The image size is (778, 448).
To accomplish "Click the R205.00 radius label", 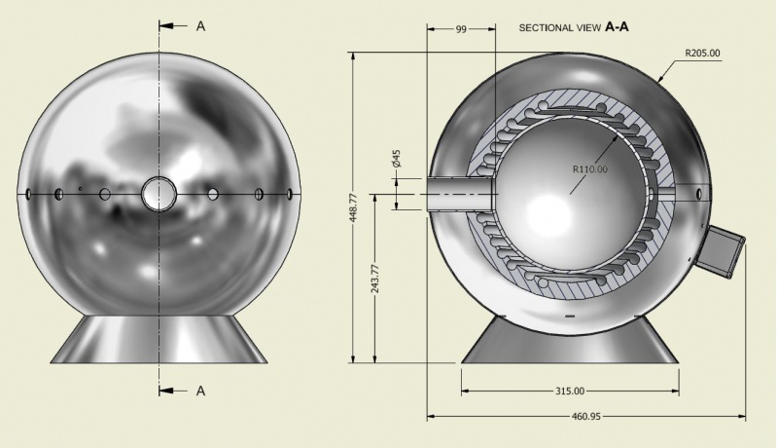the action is pyautogui.click(x=702, y=53).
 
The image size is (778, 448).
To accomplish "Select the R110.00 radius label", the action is pyautogui.click(x=590, y=169).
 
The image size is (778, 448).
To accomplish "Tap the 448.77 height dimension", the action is pyautogui.click(x=353, y=207).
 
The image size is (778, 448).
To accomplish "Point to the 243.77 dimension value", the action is pyautogui.click(x=375, y=279).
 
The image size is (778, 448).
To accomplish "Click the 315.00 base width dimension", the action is pyautogui.click(x=570, y=392).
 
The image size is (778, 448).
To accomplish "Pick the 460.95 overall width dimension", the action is pyautogui.click(x=586, y=416).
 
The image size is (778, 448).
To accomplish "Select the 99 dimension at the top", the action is pyautogui.click(x=461, y=29).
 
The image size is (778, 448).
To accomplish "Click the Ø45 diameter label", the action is pyautogui.click(x=396, y=159).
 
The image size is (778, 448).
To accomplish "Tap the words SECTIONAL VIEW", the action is pyautogui.click(x=560, y=28).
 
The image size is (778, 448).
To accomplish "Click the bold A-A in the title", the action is pyautogui.click(x=617, y=27).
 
